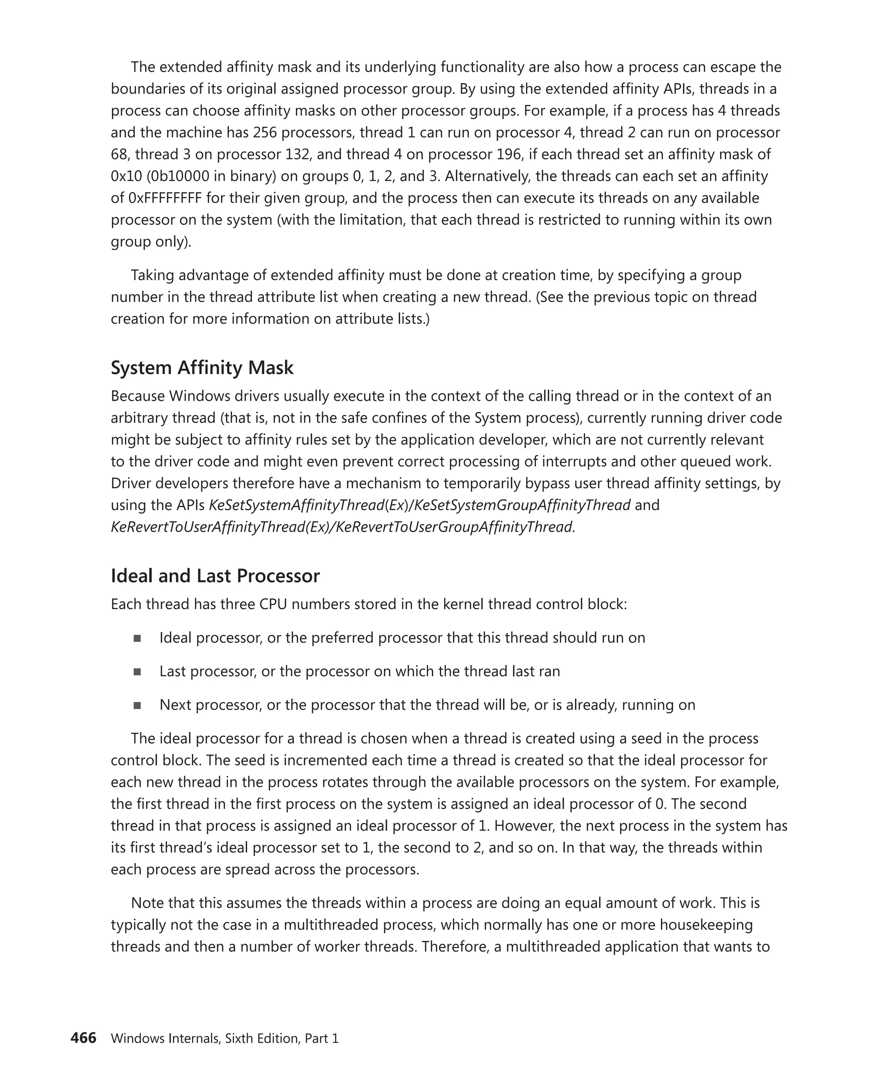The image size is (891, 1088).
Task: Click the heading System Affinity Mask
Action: coord(202,368)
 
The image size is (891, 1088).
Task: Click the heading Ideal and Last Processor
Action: coord(215,576)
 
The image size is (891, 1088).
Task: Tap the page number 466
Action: coord(83,1038)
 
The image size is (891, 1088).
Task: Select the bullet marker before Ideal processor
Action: coord(137,638)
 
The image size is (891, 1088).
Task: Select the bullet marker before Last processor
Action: coord(137,672)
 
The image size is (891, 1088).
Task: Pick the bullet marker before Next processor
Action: coord(137,705)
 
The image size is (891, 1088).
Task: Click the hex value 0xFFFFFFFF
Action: coord(171,198)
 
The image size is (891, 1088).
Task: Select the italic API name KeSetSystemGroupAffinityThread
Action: coord(522,505)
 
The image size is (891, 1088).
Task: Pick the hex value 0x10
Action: coord(126,177)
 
